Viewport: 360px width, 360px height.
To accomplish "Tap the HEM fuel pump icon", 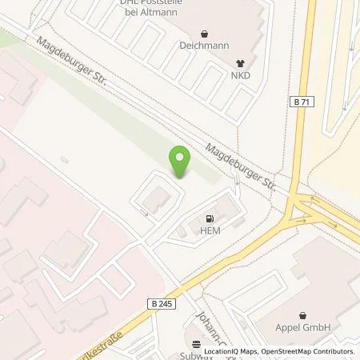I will click(210, 218).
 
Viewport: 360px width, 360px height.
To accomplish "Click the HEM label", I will click(210, 230).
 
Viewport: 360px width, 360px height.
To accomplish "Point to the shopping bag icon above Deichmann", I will click(204, 34).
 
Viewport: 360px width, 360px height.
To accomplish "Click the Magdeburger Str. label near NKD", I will click(239, 165).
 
